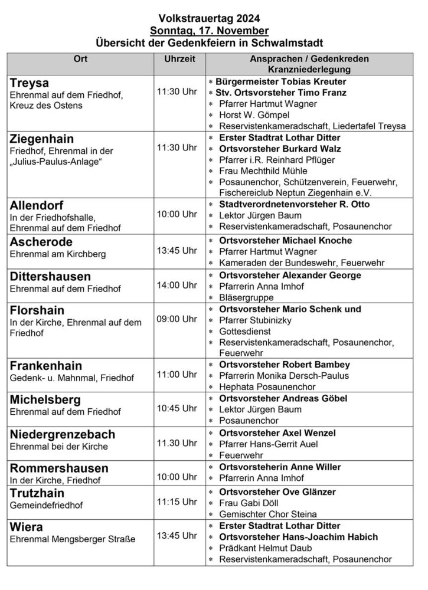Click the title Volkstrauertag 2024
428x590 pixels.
[210, 18]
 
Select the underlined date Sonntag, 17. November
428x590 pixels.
[210, 30]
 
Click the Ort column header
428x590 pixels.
[80, 60]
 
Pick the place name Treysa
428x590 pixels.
[29, 83]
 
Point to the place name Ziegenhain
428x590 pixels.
[42, 139]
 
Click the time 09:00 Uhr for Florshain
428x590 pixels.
[177, 319]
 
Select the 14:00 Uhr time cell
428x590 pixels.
[177, 285]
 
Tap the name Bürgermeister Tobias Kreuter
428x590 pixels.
[281, 81]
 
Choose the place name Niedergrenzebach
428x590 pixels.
[63, 434]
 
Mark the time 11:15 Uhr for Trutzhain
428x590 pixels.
[177, 501]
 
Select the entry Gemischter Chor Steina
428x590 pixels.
[267, 514]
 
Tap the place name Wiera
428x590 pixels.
[27, 526]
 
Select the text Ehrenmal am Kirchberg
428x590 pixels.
[57, 255]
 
